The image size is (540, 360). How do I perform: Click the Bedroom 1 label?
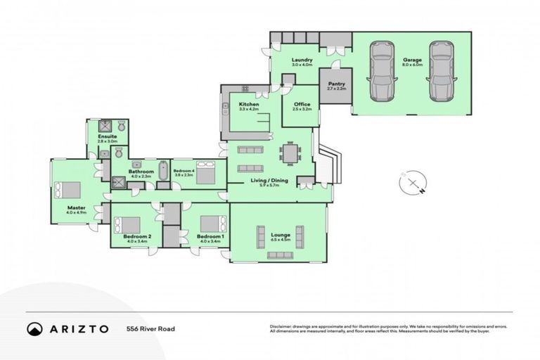(210, 237)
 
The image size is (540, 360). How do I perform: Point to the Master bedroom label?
(76, 208)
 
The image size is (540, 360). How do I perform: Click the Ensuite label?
(107, 136)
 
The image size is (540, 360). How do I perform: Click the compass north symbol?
(411, 184)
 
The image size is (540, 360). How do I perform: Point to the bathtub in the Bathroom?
(163, 171)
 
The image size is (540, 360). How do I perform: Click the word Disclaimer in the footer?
(281, 327)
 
